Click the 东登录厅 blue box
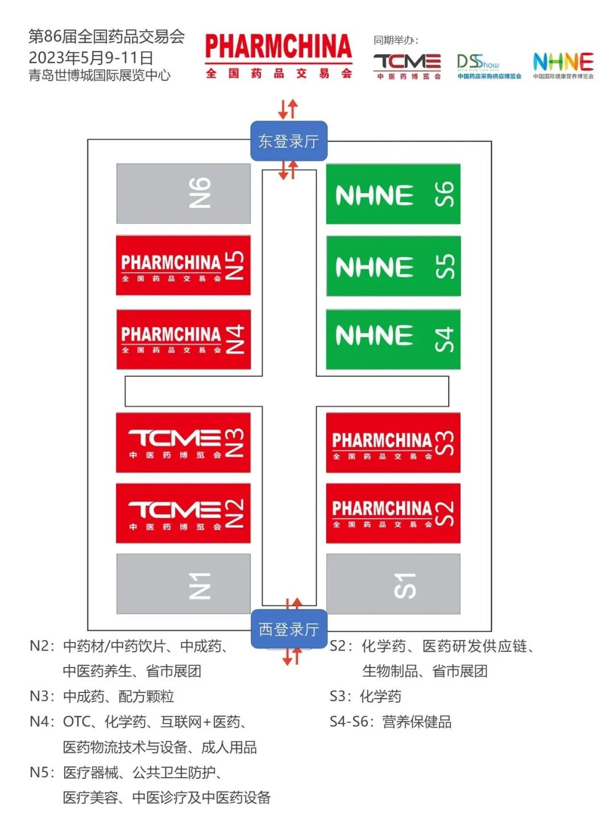(x=289, y=141)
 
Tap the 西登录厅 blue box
(x=289, y=629)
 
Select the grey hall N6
(x=183, y=193)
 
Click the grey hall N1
(x=183, y=584)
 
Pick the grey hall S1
(x=393, y=584)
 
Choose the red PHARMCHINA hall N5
(x=183, y=265)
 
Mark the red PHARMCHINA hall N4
(x=183, y=339)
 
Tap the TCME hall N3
(x=183, y=443)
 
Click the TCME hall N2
(x=183, y=514)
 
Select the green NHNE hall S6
(x=393, y=194)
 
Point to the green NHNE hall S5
(x=393, y=266)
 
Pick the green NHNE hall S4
(x=393, y=339)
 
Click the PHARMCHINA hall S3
(x=393, y=443)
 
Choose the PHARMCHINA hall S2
(x=393, y=514)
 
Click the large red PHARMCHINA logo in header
(x=279, y=55)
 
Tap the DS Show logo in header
(x=488, y=66)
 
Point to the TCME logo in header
(x=407, y=66)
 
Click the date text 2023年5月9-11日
(x=91, y=57)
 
